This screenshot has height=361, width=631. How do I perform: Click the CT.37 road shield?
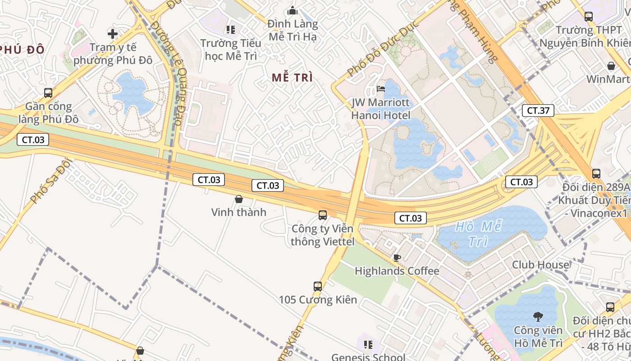[539, 111]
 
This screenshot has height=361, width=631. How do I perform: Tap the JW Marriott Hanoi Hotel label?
[381, 109]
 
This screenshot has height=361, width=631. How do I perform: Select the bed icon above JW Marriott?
[381, 88]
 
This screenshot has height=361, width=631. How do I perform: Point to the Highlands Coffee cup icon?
[397, 258]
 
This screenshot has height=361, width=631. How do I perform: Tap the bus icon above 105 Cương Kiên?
[318, 286]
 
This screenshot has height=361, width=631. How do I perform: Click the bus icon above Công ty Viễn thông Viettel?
[323, 215]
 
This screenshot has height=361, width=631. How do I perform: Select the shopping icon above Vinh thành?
[239, 199]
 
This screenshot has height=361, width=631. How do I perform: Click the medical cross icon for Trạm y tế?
[113, 33]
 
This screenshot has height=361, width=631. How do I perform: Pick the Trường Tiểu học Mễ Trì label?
[231, 50]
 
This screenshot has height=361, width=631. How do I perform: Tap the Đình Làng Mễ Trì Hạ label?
[293, 30]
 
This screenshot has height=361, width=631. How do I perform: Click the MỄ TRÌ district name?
[292, 78]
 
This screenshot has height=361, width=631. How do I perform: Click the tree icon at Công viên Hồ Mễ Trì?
[538, 316]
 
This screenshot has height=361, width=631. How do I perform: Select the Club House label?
[540, 264]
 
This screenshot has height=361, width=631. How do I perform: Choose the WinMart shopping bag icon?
[611, 66]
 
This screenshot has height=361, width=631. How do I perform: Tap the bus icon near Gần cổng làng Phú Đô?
[48, 93]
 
